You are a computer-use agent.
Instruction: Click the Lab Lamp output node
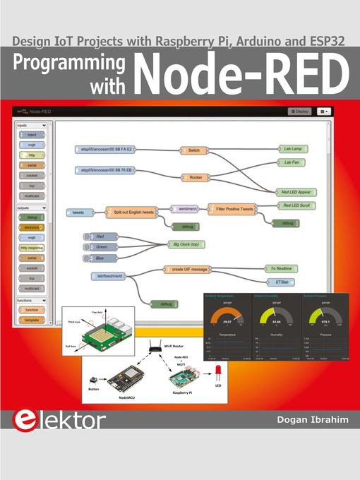point(292,150)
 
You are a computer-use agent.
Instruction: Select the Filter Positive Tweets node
point(233,209)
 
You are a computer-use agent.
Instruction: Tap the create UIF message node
point(187,269)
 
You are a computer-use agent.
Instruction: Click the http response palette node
point(32,248)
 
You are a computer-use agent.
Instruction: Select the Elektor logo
point(59,421)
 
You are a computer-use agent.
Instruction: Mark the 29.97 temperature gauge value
point(227,320)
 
